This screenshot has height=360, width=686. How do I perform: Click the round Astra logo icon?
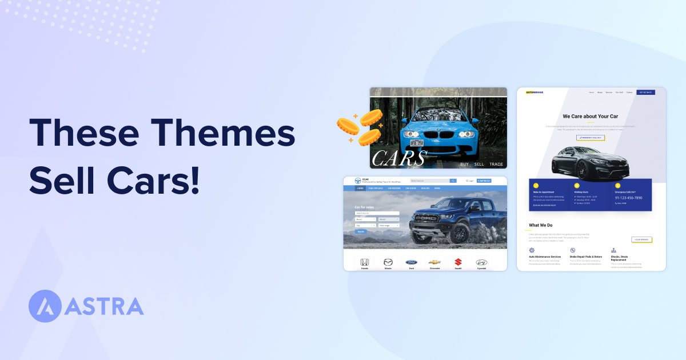click(45, 306)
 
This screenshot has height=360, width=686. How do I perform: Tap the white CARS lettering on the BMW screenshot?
click(398, 158)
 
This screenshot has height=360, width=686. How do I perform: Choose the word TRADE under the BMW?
click(496, 165)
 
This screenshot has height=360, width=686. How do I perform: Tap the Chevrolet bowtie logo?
click(434, 262)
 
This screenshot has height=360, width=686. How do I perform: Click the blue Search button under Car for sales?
click(361, 231)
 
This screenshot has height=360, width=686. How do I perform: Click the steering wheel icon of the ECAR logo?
click(358, 181)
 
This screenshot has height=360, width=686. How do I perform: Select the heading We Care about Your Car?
click(591, 116)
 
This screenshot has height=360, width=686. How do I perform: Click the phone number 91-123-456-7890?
click(628, 198)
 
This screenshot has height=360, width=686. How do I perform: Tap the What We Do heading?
click(540, 225)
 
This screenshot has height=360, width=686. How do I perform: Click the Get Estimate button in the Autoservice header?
click(645, 92)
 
